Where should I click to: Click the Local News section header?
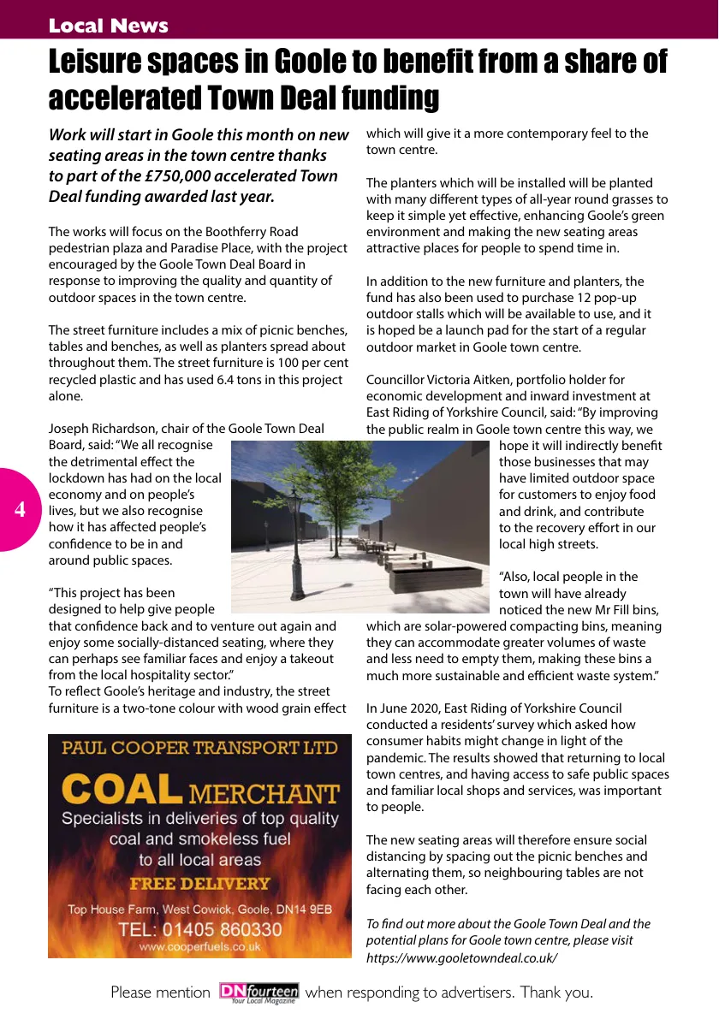pos(108,26)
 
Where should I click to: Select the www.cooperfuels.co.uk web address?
pos(199,947)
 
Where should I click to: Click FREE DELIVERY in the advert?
pos(199,884)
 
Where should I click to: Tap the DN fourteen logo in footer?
pos(258,992)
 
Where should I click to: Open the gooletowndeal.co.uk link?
pos(461,957)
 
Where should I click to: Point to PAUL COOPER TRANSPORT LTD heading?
pos(199,748)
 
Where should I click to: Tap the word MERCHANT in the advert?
pos(264,794)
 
